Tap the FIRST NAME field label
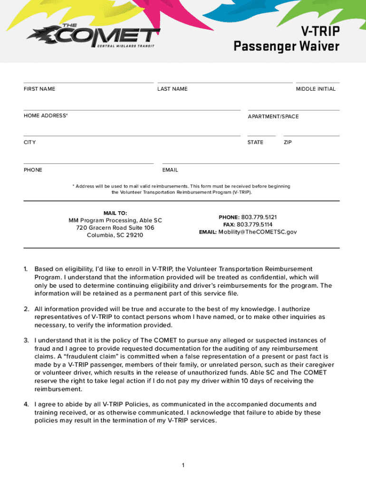coord(39,89)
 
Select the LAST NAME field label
coord(173,89)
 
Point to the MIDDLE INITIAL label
coord(316,89)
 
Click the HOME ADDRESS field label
coord(46,116)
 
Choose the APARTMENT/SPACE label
coord(273,117)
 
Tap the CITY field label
coord(30,142)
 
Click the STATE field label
coord(255,142)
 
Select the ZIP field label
coord(288,142)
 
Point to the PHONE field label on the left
coord(33,170)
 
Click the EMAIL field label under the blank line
coord(170,170)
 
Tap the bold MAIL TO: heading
coord(115,213)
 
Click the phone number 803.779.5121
coord(259,217)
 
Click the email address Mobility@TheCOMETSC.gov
coord(258,232)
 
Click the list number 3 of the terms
coord(27,340)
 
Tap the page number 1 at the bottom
coord(183,466)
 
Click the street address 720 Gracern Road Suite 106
coord(115,228)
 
